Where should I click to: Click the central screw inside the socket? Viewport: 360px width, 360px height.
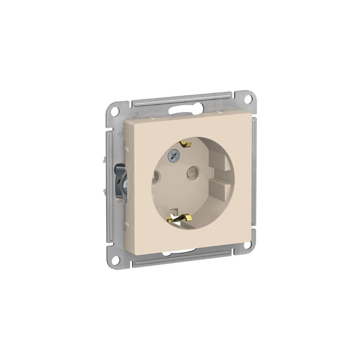coord(172,156)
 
